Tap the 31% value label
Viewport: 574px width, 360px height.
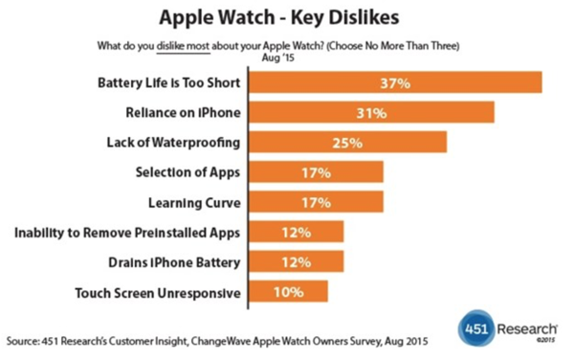(373, 114)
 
